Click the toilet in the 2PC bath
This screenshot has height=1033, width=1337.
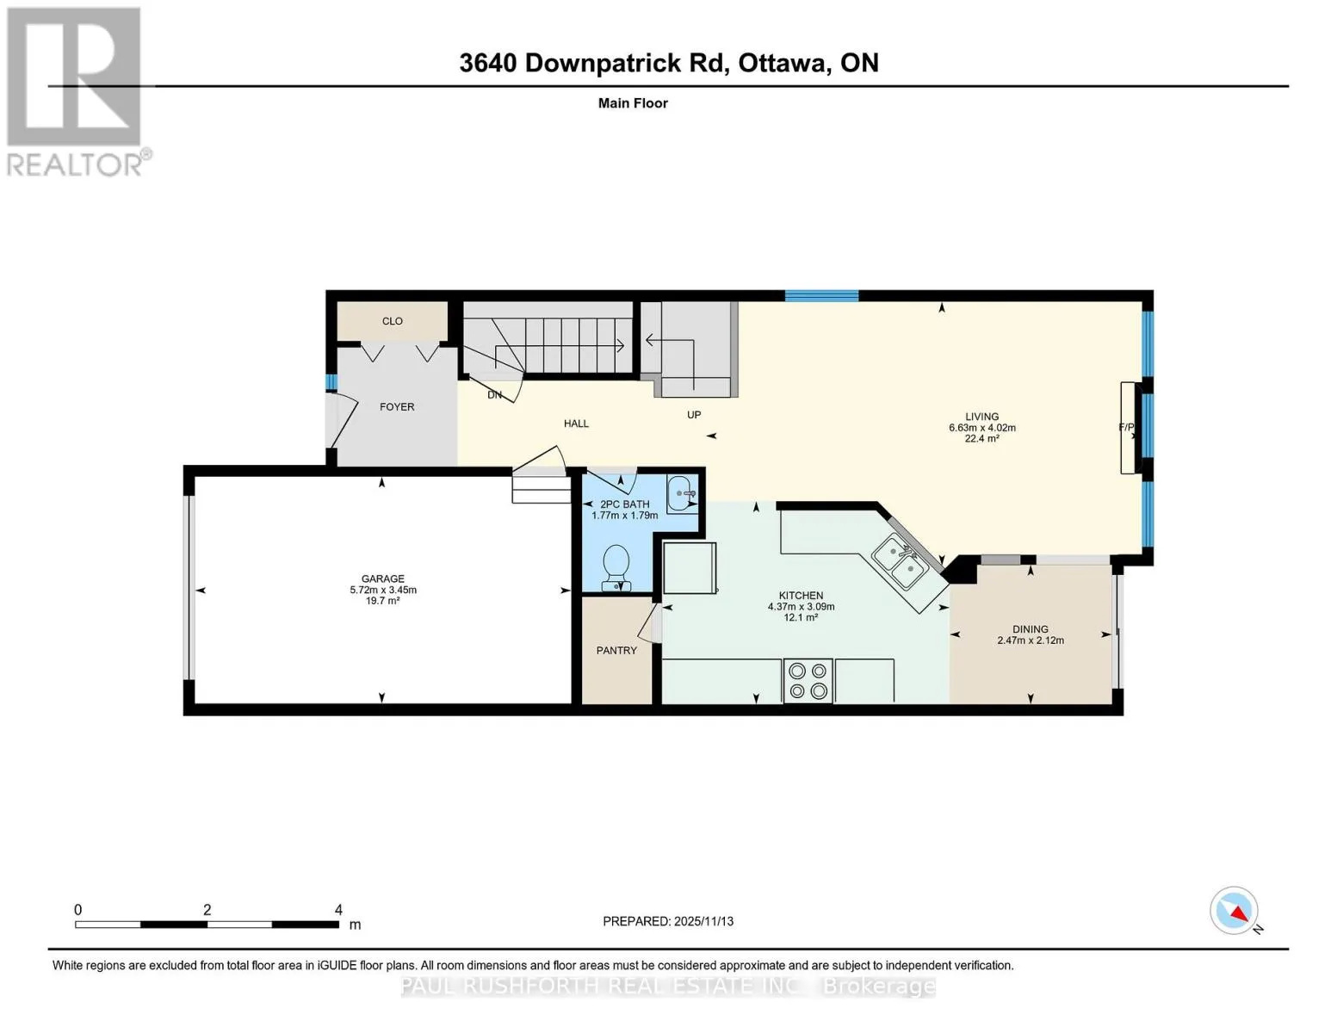tap(616, 568)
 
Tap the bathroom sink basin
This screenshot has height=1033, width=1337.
tap(683, 494)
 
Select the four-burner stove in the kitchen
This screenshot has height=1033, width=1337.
tap(808, 680)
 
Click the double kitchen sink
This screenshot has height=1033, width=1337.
tap(901, 563)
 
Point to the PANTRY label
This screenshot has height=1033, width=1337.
tap(616, 650)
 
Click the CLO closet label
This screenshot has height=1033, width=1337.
tap(392, 321)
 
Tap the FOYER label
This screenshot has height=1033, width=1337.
tap(397, 406)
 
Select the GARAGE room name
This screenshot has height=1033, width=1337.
tap(383, 578)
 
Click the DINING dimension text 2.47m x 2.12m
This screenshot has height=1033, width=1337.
tap(1031, 640)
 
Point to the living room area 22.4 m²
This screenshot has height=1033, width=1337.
tap(982, 439)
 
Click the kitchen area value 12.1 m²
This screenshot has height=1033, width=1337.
tap(801, 617)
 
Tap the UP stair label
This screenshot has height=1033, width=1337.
tap(694, 415)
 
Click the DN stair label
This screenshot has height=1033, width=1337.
tap(495, 395)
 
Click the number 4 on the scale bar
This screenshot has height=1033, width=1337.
tap(338, 909)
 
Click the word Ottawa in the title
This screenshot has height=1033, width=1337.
tap(783, 63)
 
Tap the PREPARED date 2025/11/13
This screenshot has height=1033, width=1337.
tap(704, 921)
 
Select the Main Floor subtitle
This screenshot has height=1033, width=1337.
tap(633, 103)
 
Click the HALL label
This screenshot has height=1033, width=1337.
tap(577, 424)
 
